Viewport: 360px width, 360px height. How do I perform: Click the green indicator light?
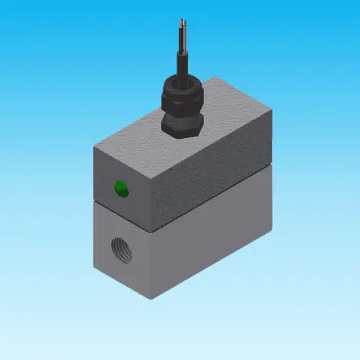121,189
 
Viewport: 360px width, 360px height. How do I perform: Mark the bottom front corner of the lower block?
153,301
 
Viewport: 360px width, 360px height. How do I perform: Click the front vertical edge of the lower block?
153,266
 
